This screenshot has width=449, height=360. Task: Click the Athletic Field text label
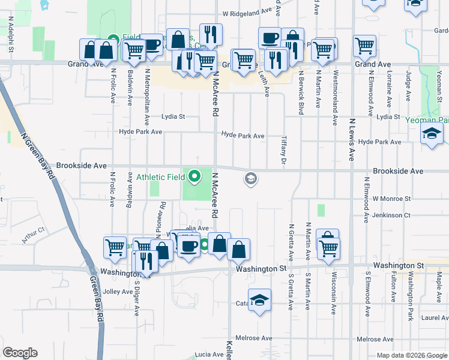pos(160,178)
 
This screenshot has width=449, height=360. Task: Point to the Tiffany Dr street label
pos(283,151)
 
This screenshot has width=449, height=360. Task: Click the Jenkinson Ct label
pos(390,215)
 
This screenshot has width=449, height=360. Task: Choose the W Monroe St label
pos(391,199)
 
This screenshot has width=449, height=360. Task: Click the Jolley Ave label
pos(118,292)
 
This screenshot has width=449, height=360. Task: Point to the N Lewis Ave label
pos(352,139)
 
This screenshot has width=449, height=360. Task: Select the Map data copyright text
pos(412,355)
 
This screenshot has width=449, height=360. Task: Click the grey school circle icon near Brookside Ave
pos(250,178)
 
